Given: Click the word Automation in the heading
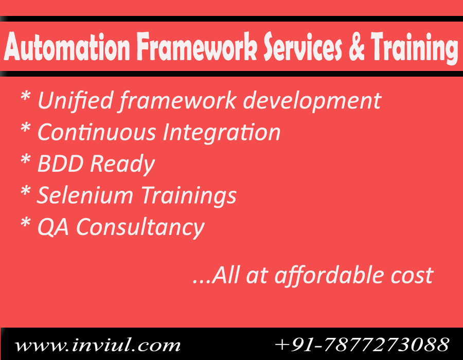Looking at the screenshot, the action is pyautogui.click(x=67, y=47).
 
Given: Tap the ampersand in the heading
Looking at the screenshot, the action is pyautogui.click(x=357, y=46).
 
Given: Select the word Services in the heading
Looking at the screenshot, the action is pyautogui.click(x=302, y=46).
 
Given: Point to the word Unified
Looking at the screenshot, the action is pyautogui.click(x=76, y=100).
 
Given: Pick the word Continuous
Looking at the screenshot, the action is pyautogui.click(x=97, y=132).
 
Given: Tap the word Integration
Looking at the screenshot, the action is pyautogui.click(x=221, y=133).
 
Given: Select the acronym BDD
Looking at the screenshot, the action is pyautogui.click(x=61, y=163).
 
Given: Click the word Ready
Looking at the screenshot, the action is pyautogui.click(x=122, y=165).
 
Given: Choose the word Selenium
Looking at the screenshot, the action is pyautogui.click(x=85, y=195).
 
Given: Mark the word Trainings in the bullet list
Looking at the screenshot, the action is pyautogui.click(x=189, y=196).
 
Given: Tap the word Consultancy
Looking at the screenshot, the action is pyautogui.click(x=140, y=228).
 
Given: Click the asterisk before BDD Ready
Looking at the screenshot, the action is pyautogui.click(x=26, y=159).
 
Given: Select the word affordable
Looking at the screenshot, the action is pyautogui.click(x=329, y=276).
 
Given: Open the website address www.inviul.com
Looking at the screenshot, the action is pyautogui.click(x=97, y=345).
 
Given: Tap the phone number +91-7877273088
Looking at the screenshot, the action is pyautogui.click(x=362, y=344).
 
